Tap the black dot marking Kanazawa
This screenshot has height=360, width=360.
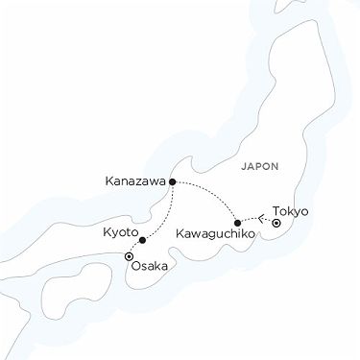pyautogui.click(x=172, y=180)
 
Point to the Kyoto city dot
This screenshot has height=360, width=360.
pyautogui.click(x=141, y=240)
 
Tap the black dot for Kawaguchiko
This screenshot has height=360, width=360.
pyautogui.click(x=237, y=222)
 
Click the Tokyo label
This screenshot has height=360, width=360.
pyautogui.click(x=291, y=211)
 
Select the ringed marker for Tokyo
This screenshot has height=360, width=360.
pyautogui.click(x=275, y=223)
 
